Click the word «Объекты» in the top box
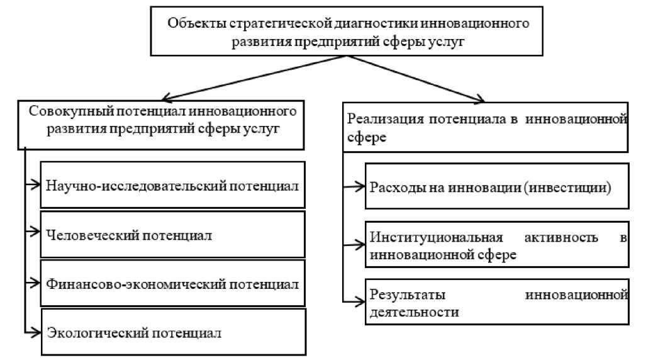[x=191, y=23]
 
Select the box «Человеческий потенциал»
[x=172, y=235]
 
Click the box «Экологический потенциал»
[x=172, y=332]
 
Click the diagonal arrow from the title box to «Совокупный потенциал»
[x=252, y=77]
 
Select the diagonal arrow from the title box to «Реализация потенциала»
[x=415, y=78]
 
